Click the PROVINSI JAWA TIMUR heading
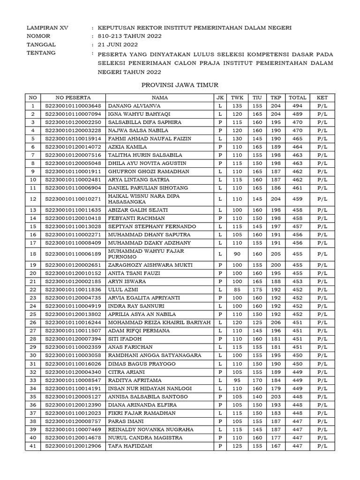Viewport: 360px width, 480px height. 180,84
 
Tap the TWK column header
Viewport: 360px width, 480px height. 238,97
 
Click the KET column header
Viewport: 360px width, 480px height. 322,97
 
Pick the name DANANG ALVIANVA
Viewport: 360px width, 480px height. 128,106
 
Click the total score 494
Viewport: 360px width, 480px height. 297,106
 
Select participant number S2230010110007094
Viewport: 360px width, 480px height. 74,114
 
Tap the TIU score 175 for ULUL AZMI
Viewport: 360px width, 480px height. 257,290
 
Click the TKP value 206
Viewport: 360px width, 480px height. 276,322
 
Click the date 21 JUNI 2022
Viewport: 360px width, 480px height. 118,45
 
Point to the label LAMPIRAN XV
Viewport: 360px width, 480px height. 47,28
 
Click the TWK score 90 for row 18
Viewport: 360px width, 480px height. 238,254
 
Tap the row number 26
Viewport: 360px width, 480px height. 33,322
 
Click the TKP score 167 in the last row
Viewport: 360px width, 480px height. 276,446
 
